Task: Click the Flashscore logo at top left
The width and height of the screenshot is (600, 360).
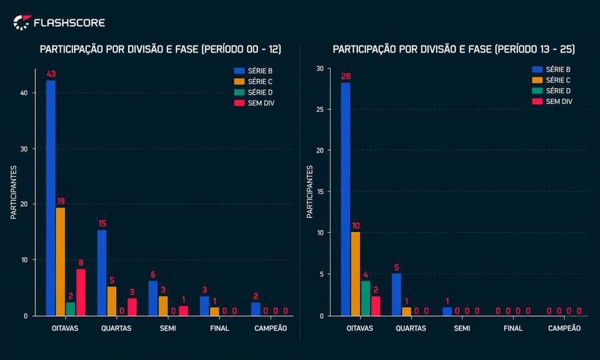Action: pyautogui.click(x=59, y=23)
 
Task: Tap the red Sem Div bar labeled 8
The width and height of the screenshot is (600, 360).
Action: pyautogui.click(x=81, y=292)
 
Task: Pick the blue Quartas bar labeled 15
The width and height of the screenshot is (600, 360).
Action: pyautogui.click(x=102, y=272)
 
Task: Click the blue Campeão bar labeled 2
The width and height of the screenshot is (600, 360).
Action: pyautogui.click(x=255, y=309)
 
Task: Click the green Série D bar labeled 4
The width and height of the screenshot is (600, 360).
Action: pyautogui.click(x=365, y=298)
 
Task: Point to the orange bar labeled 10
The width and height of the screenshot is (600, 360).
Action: pyautogui.click(x=355, y=273)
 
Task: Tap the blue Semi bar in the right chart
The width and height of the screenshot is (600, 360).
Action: pyautogui.click(x=447, y=311)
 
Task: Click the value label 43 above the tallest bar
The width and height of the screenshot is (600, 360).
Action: pyautogui.click(x=51, y=73)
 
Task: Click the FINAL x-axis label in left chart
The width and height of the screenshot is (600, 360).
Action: pyautogui.click(x=219, y=329)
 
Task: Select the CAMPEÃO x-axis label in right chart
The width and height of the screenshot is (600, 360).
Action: pyautogui.click(x=564, y=329)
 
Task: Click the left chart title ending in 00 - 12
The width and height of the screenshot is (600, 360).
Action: pyautogui.click(x=161, y=49)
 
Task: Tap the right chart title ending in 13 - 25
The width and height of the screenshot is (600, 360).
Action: pyautogui.click(x=453, y=49)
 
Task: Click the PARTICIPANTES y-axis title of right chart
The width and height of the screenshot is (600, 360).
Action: pyautogui.click(x=310, y=192)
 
